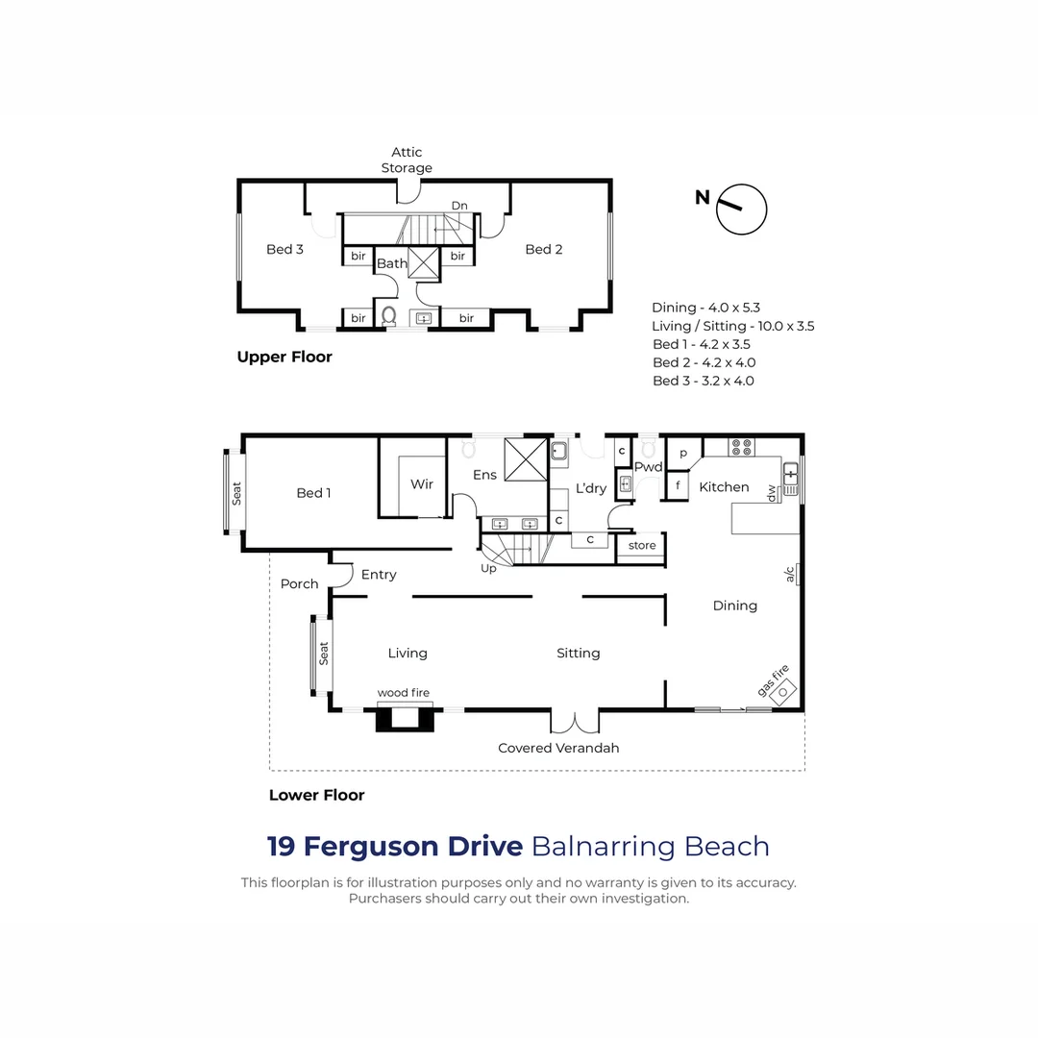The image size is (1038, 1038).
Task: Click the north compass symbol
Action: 742,209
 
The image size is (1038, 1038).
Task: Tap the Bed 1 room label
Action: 313,493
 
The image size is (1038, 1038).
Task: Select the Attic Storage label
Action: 407,160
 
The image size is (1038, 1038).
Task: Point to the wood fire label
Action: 403,692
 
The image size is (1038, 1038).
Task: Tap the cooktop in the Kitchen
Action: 742,447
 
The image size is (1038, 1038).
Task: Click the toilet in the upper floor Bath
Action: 389,314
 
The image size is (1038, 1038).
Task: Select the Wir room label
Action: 422,484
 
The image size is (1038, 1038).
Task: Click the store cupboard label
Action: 641,546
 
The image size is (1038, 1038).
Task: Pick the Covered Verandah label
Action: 558,748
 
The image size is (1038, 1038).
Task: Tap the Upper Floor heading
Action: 284,357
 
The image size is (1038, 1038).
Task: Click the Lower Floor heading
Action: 316,795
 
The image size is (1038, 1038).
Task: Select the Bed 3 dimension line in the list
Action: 703,381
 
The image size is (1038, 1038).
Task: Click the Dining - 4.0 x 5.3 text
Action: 705,308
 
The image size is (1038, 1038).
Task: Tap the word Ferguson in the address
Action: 412,847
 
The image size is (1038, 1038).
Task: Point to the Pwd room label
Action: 649,468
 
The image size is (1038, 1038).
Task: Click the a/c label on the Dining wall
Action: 791,575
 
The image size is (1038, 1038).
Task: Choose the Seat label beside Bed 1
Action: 236,493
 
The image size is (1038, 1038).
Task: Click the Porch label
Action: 299,583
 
